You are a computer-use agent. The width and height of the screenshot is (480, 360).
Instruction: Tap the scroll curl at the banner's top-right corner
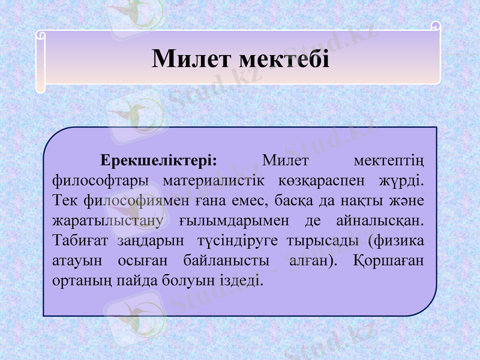click(436, 27)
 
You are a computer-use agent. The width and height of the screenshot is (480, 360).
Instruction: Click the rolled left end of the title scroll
click(40, 60)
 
